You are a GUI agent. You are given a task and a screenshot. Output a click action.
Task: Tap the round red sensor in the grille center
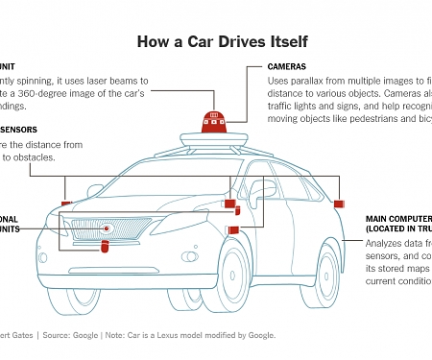click(109, 230)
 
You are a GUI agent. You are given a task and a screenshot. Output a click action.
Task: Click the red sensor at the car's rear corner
click(339, 205)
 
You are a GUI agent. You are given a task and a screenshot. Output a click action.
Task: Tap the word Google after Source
click(84, 335)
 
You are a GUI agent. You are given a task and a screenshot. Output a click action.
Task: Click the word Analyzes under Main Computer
click(387, 244)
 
